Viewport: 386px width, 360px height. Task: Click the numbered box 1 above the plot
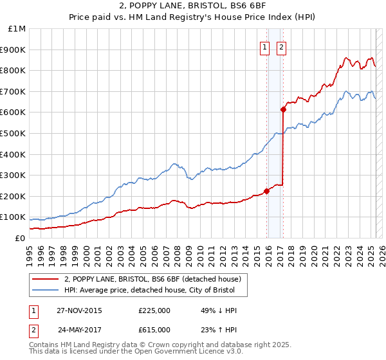[x=264, y=46]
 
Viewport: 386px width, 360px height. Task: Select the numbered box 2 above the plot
[x=282, y=46]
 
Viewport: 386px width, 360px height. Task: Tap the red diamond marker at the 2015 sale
[x=266, y=190]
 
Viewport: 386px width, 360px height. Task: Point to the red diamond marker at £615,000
[x=283, y=109]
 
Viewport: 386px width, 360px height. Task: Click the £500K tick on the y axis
[x=13, y=133]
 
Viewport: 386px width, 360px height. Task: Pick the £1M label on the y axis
[x=17, y=29]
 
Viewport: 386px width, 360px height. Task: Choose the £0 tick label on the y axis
[x=19, y=238]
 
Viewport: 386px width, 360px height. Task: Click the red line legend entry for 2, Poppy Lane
[x=152, y=279]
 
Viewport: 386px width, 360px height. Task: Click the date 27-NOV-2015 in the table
[x=80, y=310]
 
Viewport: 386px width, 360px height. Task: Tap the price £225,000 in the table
[x=154, y=310]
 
